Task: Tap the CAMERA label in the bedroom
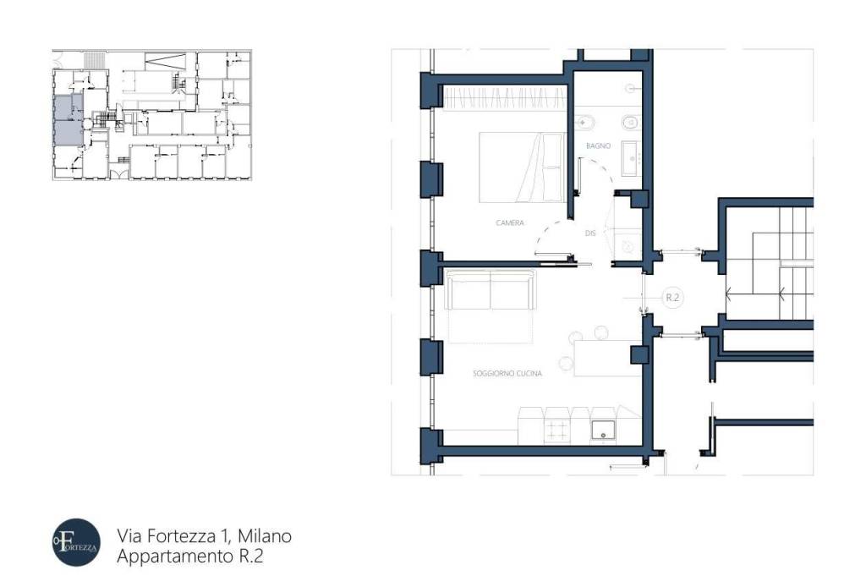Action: (510, 223)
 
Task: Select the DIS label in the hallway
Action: (591, 233)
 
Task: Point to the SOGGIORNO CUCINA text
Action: (507, 373)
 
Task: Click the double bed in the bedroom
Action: (522, 167)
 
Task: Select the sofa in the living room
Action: (491, 290)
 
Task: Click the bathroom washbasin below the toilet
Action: (632, 158)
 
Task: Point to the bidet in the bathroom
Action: (583, 123)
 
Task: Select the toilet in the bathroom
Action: (629, 123)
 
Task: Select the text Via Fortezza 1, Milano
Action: (204, 536)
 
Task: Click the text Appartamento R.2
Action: (194, 557)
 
